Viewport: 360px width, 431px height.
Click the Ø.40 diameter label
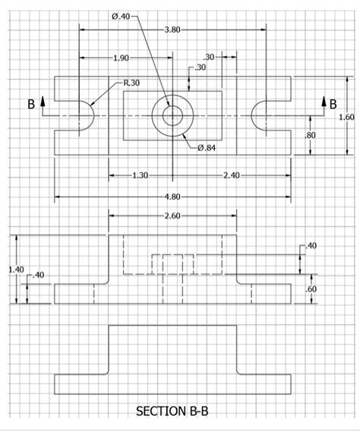[x=121, y=17]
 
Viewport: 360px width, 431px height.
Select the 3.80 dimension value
[x=172, y=30]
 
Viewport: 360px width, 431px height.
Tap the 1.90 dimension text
[x=120, y=58]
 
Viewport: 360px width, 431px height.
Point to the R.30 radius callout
[x=131, y=83]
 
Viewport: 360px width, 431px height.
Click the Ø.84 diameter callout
[x=207, y=147]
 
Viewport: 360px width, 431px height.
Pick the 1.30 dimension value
[x=140, y=175]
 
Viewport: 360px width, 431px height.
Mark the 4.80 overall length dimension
[x=172, y=197]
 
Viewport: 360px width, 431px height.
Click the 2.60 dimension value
[x=172, y=217]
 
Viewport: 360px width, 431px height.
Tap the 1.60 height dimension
[x=346, y=117]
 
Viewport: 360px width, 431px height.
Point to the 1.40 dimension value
[x=16, y=269]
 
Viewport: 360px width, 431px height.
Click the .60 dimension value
[x=310, y=289]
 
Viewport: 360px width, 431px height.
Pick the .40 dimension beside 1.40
[x=37, y=274]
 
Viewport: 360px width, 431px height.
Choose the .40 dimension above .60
[x=311, y=246]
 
